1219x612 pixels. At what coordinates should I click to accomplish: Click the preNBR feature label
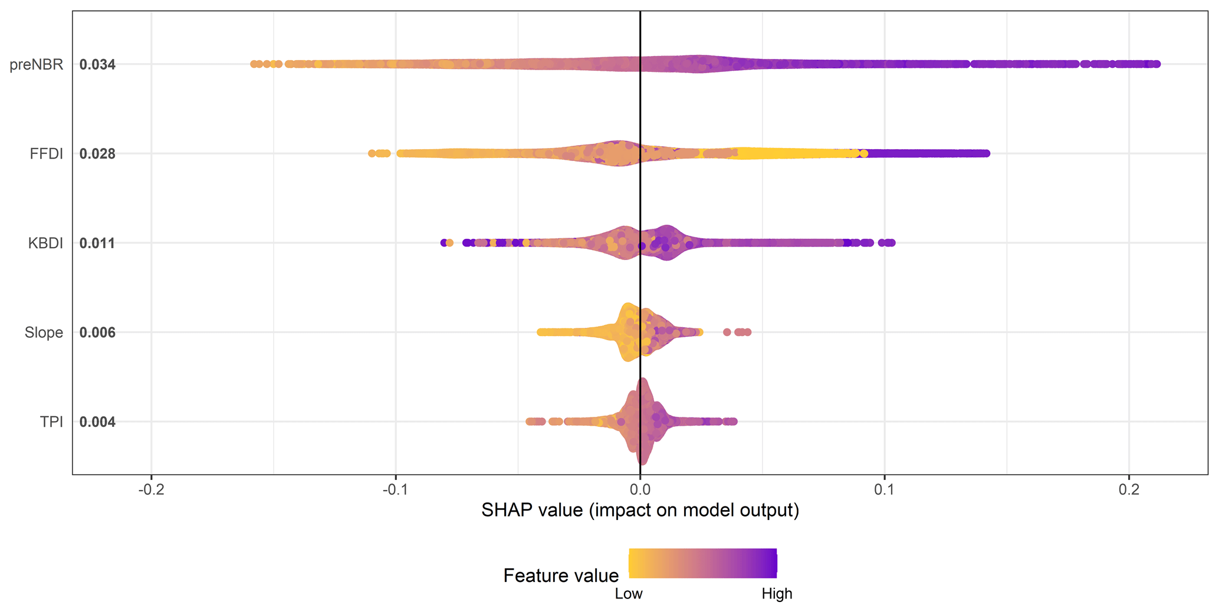[37, 64]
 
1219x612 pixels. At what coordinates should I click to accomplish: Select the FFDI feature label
[47, 154]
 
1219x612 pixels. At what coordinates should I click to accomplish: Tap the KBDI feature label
[45, 244]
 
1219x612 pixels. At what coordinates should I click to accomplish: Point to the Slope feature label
[44, 333]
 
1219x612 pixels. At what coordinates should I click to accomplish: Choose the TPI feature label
[51, 422]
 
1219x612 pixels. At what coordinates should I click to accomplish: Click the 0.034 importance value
[97, 64]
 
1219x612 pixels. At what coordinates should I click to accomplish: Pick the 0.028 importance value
[97, 154]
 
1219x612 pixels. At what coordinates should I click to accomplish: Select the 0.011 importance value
[97, 244]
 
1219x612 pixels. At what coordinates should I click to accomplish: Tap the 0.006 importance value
[97, 333]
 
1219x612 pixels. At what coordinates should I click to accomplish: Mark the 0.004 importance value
[97, 422]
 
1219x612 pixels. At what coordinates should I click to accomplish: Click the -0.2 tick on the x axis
[151, 490]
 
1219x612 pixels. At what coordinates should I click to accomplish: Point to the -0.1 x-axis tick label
[395, 490]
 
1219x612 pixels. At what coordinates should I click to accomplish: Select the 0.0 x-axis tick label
[640, 490]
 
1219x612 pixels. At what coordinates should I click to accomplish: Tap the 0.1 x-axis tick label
[884, 490]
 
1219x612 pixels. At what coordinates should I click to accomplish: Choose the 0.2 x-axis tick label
[1129, 490]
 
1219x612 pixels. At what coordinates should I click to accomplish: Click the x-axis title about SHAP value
[640, 510]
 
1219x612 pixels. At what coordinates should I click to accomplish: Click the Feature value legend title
[561, 575]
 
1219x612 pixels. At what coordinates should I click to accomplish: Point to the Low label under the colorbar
[629, 594]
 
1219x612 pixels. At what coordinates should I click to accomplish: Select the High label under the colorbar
[777, 594]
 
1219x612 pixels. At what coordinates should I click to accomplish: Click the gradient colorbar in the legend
[702, 563]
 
